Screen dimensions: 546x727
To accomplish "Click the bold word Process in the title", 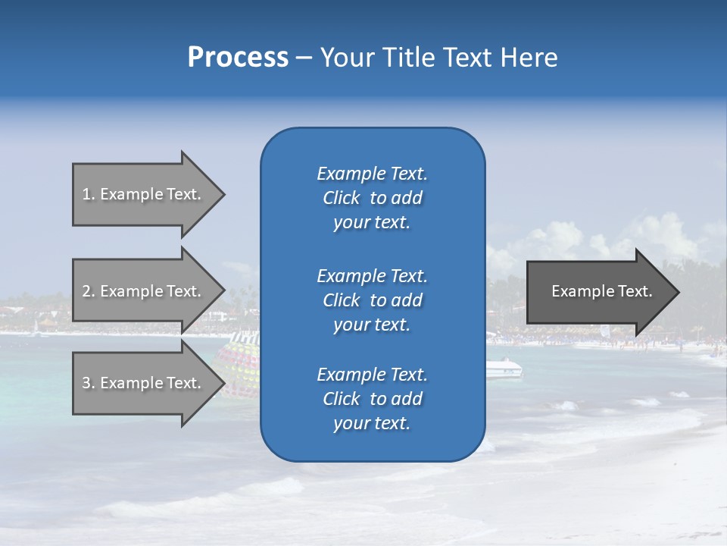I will click(x=238, y=58).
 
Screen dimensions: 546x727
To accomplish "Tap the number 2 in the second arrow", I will click(x=86, y=291).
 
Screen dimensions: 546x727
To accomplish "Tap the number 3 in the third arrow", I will click(x=86, y=383).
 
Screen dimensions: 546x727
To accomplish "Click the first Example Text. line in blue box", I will click(x=372, y=174).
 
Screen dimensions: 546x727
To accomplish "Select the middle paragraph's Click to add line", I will click(x=372, y=300).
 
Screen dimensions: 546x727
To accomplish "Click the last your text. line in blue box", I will click(x=372, y=423).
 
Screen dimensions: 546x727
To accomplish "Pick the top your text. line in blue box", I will click(x=372, y=222).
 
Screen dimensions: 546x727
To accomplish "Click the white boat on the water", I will click(x=504, y=369).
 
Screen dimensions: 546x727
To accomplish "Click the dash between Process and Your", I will click(x=304, y=58).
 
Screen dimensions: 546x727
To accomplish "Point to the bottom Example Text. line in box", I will click(x=372, y=375).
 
